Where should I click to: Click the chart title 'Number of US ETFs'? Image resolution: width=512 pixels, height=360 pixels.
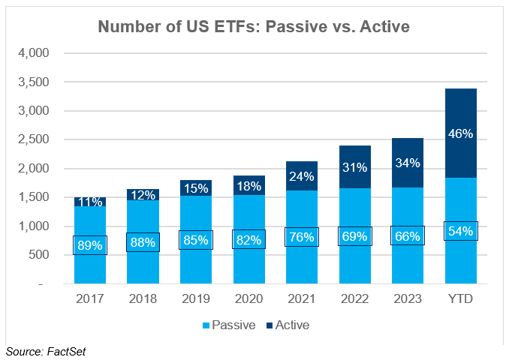pos(255,27)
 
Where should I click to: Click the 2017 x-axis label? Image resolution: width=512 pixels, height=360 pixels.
pos(89,300)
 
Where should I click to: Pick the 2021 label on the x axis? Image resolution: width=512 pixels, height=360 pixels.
pos(301,300)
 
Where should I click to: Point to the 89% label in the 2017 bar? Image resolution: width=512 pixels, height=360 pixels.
pos(89,244)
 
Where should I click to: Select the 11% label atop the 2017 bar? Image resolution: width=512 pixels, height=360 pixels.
pos(89,202)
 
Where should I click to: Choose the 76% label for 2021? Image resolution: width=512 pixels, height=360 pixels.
pos(301,238)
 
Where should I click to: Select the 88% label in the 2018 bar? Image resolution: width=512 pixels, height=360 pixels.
pos(143,242)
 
